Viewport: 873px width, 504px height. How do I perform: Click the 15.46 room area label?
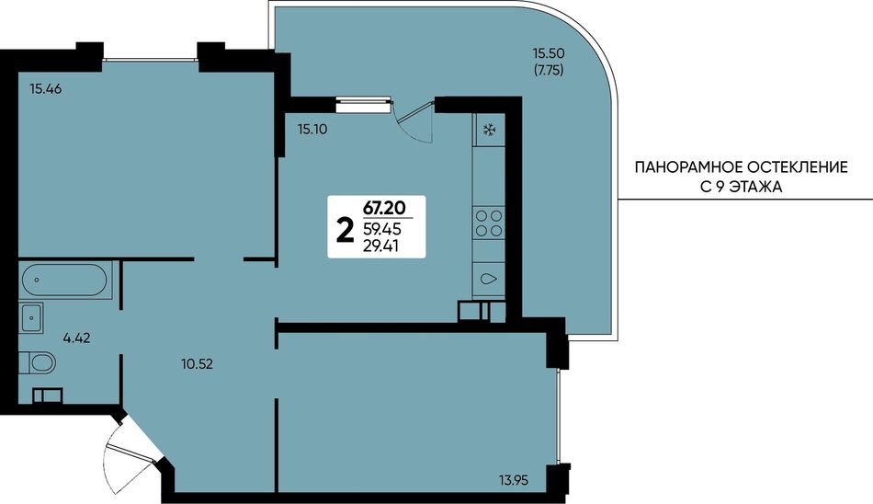coord(46,88)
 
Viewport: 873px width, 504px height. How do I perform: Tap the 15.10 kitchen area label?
coord(312,130)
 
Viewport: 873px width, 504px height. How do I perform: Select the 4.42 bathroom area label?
coord(76,338)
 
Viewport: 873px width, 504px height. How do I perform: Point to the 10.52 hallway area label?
coord(197,364)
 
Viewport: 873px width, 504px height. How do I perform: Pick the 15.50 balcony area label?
coord(549,53)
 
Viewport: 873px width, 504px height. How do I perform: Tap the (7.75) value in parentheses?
coord(549,71)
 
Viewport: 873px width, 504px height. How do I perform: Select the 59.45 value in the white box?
coord(382,229)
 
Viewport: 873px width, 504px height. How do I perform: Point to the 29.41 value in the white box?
coord(380,246)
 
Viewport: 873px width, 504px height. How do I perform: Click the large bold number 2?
coord(346,230)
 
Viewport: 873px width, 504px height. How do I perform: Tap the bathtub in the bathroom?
coord(64,279)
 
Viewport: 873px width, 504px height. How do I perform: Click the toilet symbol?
coord(38,363)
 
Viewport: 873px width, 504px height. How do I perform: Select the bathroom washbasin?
coord(31,318)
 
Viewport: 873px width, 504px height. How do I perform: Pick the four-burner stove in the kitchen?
coord(489,223)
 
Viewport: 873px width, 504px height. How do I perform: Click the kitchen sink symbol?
coord(489,279)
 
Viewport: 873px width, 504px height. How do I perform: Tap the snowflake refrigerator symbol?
coord(490,131)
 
